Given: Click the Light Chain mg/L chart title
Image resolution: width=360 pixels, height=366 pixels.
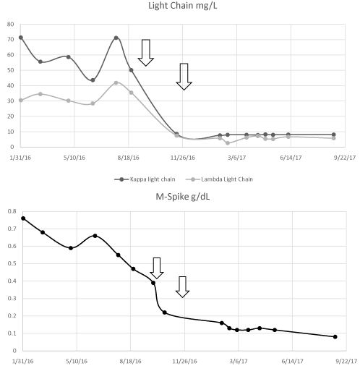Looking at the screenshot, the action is (x=182, y=6).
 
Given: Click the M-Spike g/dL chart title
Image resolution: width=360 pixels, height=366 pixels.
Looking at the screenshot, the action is (x=183, y=197).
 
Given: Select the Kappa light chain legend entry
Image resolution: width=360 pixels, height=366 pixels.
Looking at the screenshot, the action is (x=145, y=179).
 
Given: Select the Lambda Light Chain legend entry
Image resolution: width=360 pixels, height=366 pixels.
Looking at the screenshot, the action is (x=220, y=179).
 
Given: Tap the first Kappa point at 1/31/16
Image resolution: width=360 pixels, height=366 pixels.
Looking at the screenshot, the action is (x=21, y=38).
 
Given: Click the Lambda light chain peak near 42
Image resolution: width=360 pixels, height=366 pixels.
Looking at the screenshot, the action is (x=116, y=82).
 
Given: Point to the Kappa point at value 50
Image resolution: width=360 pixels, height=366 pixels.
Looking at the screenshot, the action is (x=132, y=70).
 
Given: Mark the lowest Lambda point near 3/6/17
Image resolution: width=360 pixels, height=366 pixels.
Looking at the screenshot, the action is (x=228, y=143).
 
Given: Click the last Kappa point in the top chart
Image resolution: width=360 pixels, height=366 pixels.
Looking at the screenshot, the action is (x=334, y=135).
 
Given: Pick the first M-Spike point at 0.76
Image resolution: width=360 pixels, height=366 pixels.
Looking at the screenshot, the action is (x=23, y=218).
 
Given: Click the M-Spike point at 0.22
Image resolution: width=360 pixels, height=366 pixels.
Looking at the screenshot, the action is (x=165, y=312).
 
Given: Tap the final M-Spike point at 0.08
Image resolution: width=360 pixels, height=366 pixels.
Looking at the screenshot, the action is (x=335, y=337).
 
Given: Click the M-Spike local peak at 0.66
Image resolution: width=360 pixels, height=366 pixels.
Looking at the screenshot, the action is (x=95, y=236).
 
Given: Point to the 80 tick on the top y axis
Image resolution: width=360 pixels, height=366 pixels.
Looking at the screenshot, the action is (x=11, y=24).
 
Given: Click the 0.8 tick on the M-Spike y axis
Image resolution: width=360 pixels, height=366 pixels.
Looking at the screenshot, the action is (x=12, y=211).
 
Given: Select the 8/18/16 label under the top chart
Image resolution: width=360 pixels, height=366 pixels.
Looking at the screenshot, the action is (x=129, y=158).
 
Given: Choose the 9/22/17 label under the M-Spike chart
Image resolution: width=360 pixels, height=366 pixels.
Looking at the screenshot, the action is (x=346, y=361).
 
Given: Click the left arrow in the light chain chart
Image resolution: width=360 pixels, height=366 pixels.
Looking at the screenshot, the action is (x=146, y=53).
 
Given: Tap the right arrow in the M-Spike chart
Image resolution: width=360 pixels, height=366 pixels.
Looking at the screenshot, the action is (x=182, y=287).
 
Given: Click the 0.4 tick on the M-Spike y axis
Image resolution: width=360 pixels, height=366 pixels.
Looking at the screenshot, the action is (x=12, y=281).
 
